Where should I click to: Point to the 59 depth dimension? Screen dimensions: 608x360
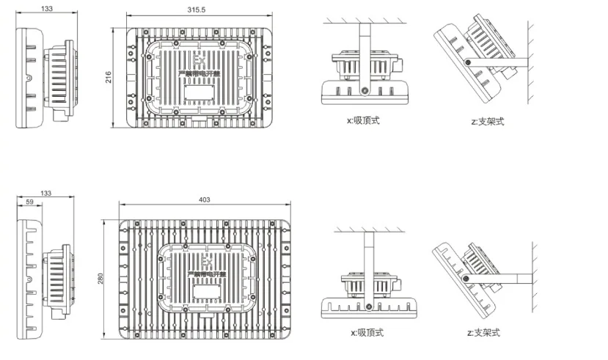pyautogui.click(x=30, y=202)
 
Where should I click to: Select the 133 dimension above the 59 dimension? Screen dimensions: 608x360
pyautogui.click(x=46, y=193)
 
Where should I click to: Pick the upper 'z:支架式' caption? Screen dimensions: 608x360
pyautogui.click(x=488, y=120)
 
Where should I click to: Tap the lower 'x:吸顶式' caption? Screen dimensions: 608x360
pyautogui.click(x=367, y=334)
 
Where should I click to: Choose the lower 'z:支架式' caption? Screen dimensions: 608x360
pyautogui.click(x=484, y=333)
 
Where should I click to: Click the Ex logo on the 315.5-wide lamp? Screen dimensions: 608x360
pyautogui.click(x=200, y=59)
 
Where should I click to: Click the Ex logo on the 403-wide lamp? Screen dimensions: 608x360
pyautogui.click(x=208, y=263)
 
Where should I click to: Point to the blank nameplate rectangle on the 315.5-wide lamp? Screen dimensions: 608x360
pyautogui.click(x=199, y=92)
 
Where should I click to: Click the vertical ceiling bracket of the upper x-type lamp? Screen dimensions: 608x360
pyautogui.click(x=363, y=51)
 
